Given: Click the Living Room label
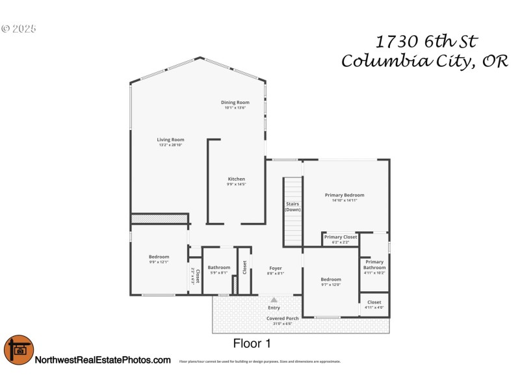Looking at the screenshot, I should (170, 140).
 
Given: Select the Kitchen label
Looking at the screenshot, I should (236, 179).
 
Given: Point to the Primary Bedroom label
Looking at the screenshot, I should (344, 195).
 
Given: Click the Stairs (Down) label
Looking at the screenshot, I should (292, 207).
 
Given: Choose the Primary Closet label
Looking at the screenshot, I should (341, 237).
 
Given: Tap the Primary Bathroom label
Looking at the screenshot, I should (374, 265).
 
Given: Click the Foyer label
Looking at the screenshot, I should (276, 268).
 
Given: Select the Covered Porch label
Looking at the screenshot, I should (282, 318).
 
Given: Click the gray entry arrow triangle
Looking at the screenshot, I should (274, 300).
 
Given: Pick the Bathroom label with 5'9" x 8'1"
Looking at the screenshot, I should (219, 268).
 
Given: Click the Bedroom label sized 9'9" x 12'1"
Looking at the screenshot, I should (159, 257).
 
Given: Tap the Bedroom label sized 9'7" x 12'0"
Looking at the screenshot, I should (330, 279).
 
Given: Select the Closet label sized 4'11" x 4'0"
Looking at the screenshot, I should (374, 302).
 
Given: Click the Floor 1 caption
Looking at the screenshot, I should (252, 343).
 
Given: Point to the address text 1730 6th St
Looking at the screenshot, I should (427, 42).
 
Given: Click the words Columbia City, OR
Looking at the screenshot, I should (424, 62).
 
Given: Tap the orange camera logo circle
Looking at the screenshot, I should (18, 350).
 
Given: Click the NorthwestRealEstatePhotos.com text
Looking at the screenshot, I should (103, 360).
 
